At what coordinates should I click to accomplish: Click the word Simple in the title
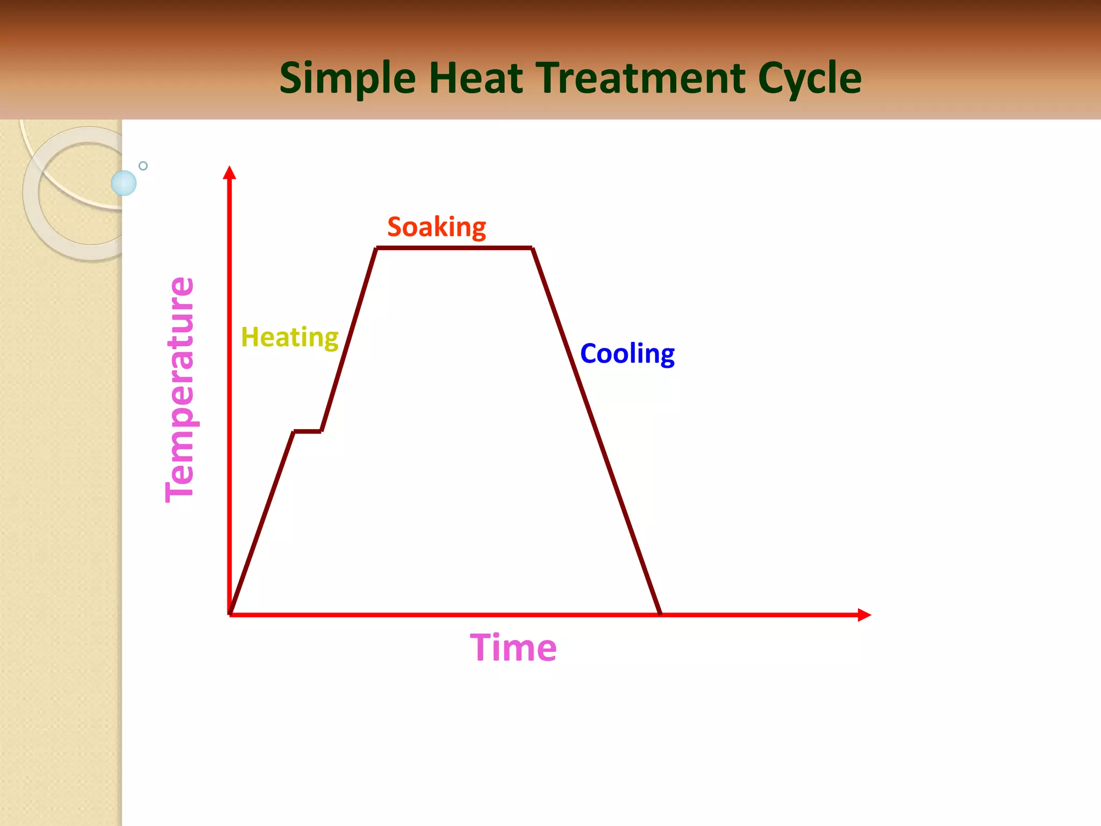(x=347, y=79)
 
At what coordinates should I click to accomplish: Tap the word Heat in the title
(x=475, y=79)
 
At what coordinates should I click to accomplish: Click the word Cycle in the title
(x=809, y=79)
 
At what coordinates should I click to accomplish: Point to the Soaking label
(x=437, y=227)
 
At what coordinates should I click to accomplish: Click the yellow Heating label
(x=289, y=337)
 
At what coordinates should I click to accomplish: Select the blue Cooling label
(x=627, y=354)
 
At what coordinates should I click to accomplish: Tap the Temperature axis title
(x=180, y=390)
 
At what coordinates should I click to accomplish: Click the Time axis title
(x=513, y=647)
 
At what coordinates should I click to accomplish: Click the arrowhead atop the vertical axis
(x=230, y=172)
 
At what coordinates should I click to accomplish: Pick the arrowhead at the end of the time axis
(x=864, y=615)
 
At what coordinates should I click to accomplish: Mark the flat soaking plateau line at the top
(x=454, y=248)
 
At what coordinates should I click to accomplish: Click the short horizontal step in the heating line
(x=308, y=431)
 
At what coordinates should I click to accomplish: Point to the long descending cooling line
(x=597, y=430)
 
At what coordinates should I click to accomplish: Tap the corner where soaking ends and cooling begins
(x=532, y=248)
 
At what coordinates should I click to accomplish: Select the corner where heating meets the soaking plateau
(x=376, y=248)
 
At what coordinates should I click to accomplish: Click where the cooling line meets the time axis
(x=660, y=614)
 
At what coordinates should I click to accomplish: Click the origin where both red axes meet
(x=230, y=614)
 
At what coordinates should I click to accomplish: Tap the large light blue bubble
(x=124, y=183)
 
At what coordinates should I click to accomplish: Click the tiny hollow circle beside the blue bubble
(x=143, y=166)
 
